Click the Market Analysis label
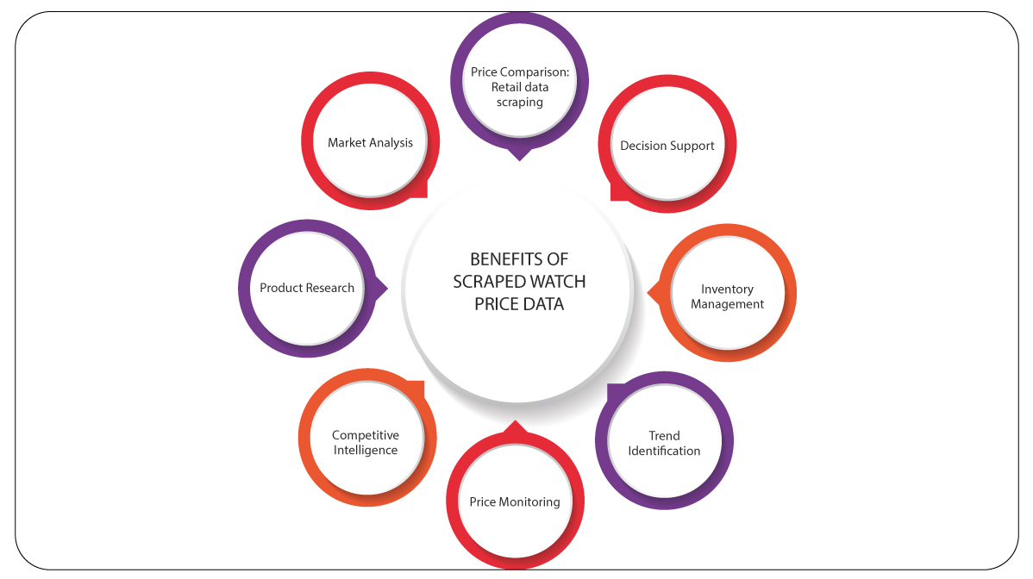coord(370,143)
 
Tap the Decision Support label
coord(667,146)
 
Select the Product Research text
coord(307,288)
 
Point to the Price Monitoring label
coord(515,501)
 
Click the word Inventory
coord(727,289)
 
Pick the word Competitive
coord(366,435)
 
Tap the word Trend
coord(664,436)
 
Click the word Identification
coord(664,451)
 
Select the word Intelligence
coord(366,450)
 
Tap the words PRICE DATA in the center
coord(518,304)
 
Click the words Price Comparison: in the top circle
coord(515,72)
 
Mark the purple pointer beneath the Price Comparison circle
coord(517,154)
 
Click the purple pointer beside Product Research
coord(382,288)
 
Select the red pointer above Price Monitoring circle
coord(515,426)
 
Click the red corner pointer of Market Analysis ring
coord(421,190)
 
